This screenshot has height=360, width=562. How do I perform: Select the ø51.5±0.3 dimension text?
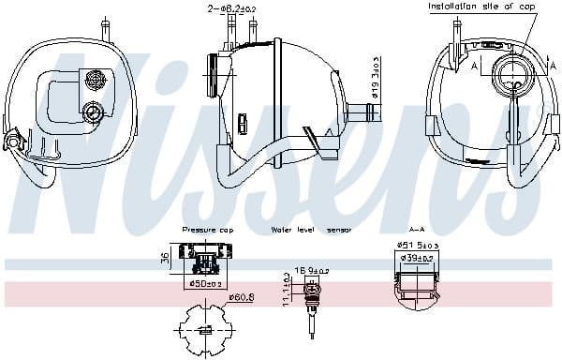click(418, 247)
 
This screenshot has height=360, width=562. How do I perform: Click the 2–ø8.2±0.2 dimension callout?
click(229, 8)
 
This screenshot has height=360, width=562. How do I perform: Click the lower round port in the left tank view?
click(92, 112)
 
